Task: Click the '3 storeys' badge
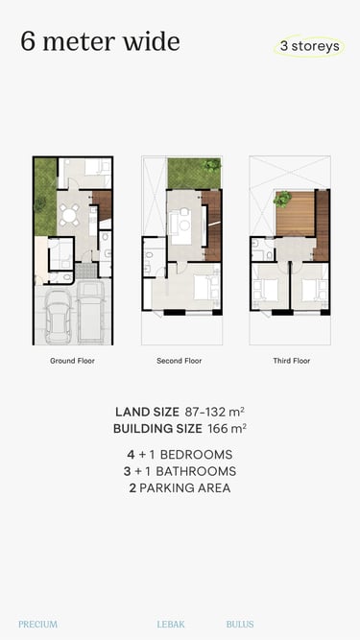[309, 46]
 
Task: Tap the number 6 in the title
[28, 41]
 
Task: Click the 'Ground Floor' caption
[72, 361]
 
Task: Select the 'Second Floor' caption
[180, 361]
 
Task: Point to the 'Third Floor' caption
[292, 361]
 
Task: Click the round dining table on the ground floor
[69, 215]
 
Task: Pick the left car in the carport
[58, 318]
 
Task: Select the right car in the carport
[90, 311]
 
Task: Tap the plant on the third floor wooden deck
[282, 199]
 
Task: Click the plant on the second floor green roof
[212, 164]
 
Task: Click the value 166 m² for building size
[227, 429]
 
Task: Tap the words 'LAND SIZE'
[147, 412]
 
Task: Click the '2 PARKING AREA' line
[180, 487]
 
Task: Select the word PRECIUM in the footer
[38, 624]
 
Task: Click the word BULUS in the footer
[240, 624]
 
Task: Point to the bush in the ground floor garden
[39, 204]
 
